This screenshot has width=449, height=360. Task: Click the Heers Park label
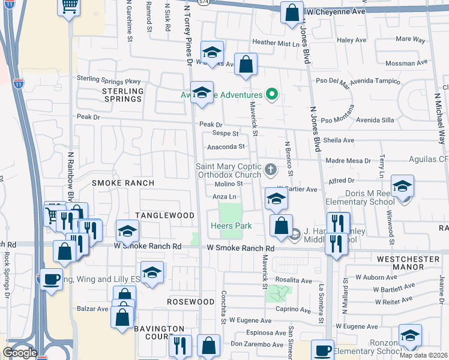coord(231,226)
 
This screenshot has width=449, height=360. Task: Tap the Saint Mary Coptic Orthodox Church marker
coord(270,169)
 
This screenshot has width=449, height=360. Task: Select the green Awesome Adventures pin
coord(271,94)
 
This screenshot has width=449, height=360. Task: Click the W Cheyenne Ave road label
coord(336,11)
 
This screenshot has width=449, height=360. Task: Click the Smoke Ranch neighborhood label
coord(123,182)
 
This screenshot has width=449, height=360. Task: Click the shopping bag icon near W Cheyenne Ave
coord(291,13)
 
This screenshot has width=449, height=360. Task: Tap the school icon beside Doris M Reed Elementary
coord(402,185)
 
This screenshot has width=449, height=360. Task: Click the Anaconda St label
coord(226,146)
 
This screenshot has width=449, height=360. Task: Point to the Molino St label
coord(228,184)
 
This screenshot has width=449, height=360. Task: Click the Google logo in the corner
coord(20,353)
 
